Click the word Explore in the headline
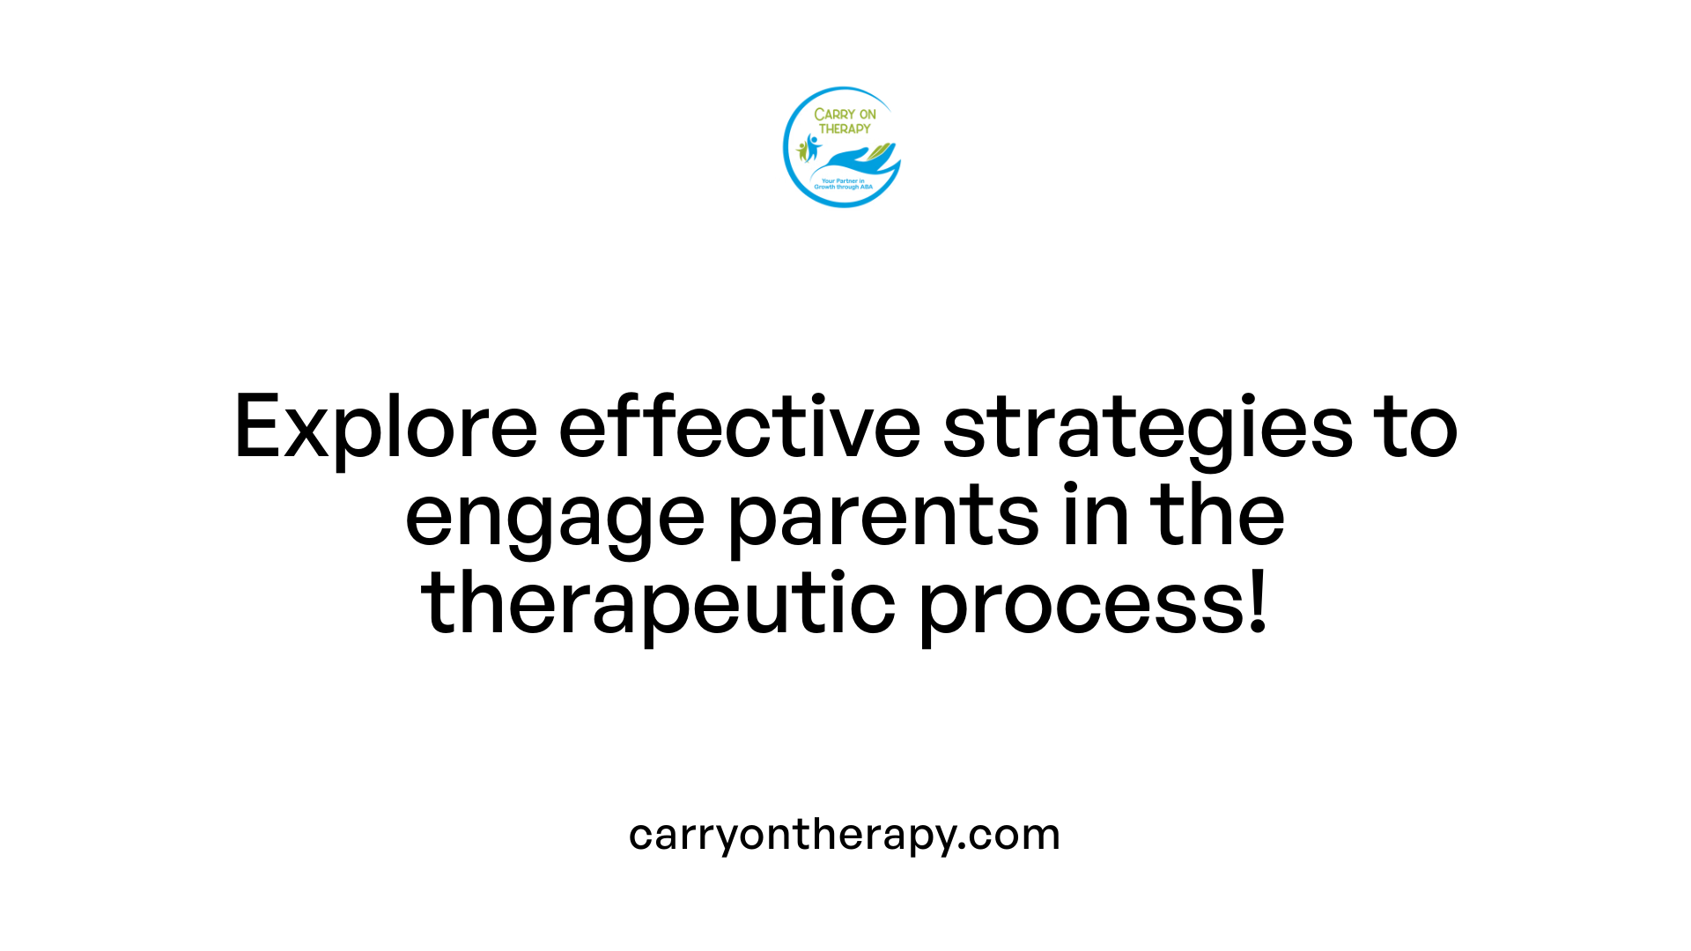click(x=386, y=429)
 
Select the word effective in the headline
click(x=740, y=427)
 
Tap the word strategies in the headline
click(x=1148, y=429)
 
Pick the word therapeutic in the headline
click(x=658, y=604)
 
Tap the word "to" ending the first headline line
click(x=1419, y=429)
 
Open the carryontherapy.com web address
click(x=845, y=835)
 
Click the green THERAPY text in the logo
click(x=845, y=129)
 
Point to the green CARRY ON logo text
click(x=845, y=114)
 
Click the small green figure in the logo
click(x=802, y=151)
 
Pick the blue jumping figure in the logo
click(x=812, y=146)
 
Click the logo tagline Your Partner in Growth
click(x=843, y=184)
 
